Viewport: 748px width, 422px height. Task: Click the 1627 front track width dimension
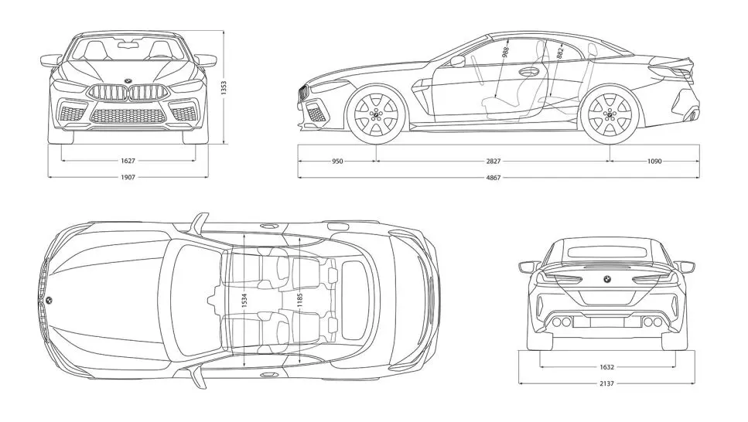tap(128, 162)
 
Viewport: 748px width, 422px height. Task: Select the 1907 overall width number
tap(128, 177)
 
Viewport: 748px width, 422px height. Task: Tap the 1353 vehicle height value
tap(223, 88)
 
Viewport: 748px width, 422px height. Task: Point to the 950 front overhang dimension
tap(337, 162)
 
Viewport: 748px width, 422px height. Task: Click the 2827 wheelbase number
tap(493, 162)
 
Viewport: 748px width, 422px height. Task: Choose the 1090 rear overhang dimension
tap(654, 162)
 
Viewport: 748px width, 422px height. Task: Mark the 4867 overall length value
tap(493, 177)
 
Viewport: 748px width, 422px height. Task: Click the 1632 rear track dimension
tap(606, 367)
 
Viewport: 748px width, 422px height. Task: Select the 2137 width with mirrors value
tap(606, 383)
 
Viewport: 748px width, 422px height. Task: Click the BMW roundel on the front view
tap(128, 81)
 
